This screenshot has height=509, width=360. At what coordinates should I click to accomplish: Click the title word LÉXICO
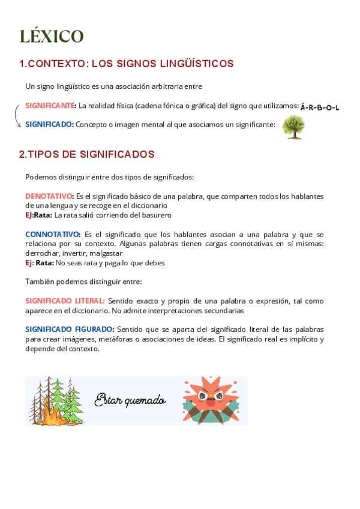point(52,36)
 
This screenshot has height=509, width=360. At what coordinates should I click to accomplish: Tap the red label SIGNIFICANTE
point(50,106)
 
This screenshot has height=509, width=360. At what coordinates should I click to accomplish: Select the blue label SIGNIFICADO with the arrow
point(49,124)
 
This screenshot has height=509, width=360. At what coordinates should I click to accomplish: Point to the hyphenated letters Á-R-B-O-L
point(320,107)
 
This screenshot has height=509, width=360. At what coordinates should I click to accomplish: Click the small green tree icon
point(293,127)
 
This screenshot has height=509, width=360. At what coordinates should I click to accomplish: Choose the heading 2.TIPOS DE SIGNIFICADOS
point(86,154)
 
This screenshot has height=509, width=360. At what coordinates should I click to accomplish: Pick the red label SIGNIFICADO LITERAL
point(65,301)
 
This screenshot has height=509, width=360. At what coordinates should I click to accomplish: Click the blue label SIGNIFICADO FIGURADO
point(69,330)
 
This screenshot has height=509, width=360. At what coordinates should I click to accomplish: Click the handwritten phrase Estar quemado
point(130,400)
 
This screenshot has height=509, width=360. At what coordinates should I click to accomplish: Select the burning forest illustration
point(58,400)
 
